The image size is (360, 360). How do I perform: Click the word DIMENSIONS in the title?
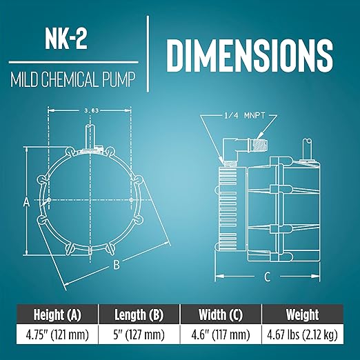(x=250, y=56)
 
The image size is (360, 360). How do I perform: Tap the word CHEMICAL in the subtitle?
(x=69, y=80)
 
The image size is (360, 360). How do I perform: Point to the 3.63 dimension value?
(x=91, y=110)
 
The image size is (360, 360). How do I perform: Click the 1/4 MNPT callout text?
(x=245, y=115)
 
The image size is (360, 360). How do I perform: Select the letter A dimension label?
(x=27, y=202)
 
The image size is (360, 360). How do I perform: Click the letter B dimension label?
(x=117, y=265)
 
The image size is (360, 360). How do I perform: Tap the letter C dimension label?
(x=267, y=277)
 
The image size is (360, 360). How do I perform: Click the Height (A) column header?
(x=57, y=314)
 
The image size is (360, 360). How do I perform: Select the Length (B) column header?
(x=139, y=314)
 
